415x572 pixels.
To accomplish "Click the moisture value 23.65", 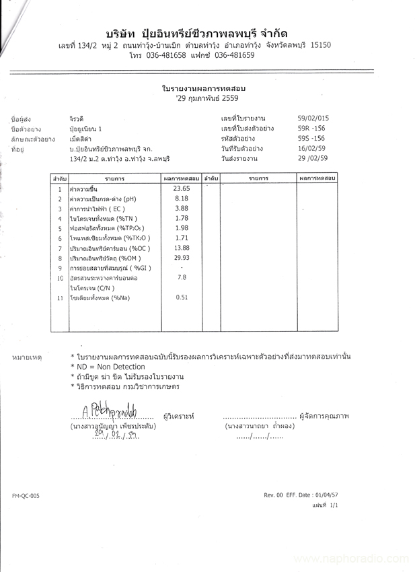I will [x=182, y=189].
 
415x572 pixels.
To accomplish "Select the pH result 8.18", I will [x=182, y=199].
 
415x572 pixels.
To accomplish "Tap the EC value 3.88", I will [x=182, y=209].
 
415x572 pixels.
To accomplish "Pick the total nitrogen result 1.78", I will [x=182, y=218].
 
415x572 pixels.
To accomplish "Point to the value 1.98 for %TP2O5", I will [x=182, y=228].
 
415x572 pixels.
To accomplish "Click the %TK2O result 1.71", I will [x=182, y=238].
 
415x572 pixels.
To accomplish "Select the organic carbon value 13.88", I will [x=182, y=248].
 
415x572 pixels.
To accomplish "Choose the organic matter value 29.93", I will [x=182, y=258].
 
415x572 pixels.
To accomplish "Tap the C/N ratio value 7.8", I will [x=182, y=277].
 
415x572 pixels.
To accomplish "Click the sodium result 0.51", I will [x=182, y=297].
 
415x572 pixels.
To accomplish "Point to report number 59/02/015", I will [x=313, y=118].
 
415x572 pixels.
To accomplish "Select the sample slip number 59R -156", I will [x=311, y=128].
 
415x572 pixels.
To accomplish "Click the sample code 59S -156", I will [x=311, y=138].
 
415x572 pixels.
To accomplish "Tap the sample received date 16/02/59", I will [x=311, y=148].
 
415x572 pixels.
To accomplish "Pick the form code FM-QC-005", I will [x=26, y=495].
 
